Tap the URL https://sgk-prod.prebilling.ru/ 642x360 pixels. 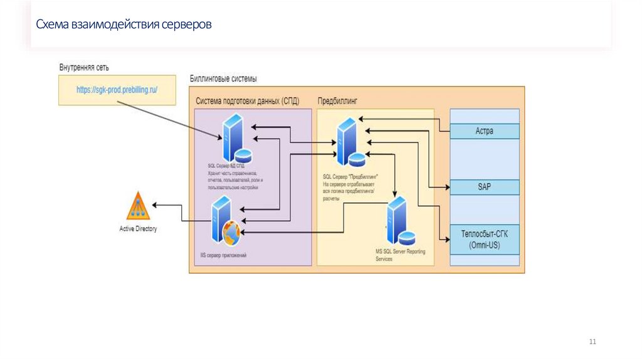coord(117,90)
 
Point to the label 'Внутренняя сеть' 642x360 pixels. coord(86,67)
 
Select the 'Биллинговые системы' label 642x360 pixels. coord(223,79)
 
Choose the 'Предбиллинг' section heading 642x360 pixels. coord(339,100)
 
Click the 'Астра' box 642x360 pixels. coord(485,131)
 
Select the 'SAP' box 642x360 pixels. coord(485,187)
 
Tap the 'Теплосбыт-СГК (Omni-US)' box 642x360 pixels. coord(485,239)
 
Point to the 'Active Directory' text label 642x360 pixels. coord(138,229)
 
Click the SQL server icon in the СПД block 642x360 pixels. coord(234,138)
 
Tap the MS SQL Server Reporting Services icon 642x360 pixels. coord(400,223)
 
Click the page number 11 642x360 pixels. coord(592,341)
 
